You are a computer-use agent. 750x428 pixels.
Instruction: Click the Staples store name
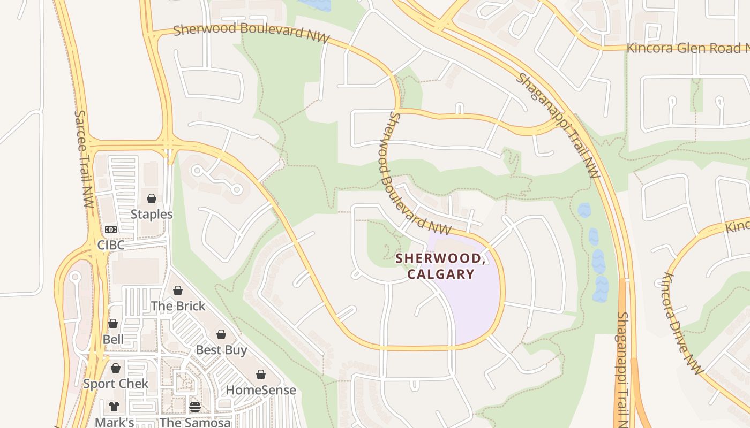click(x=152, y=215)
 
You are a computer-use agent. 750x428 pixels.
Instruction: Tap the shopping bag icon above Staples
click(x=152, y=198)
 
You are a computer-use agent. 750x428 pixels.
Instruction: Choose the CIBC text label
click(x=111, y=245)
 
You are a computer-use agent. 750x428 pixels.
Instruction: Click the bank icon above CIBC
click(x=111, y=230)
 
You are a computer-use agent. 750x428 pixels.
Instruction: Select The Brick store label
click(x=178, y=306)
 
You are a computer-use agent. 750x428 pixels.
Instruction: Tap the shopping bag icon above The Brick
click(x=178, y=291)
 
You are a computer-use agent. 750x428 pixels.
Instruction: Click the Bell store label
click(x=113, y=340)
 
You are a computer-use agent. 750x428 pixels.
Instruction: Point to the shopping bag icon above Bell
click(x=113, y=324)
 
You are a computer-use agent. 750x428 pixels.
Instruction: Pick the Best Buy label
click(x=221, y=350)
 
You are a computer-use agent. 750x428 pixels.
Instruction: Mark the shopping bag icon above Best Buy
click(x=221, y=334)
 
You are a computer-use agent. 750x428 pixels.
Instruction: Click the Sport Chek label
click(x=116, y=384)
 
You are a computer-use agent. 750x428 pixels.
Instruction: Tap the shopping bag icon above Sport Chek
click(x=116, y=368)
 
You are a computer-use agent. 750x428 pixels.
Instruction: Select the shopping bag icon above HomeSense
click(x=261, y=374)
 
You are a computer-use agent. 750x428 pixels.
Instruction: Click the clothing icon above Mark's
click(x=114, y=407)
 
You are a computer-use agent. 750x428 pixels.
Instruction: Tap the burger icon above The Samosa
click(x=195, y=407)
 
